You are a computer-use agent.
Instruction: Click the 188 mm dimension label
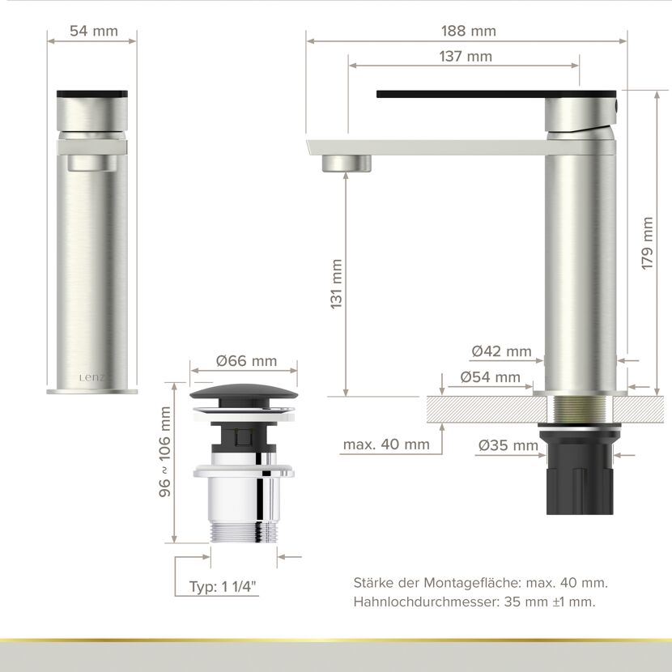point(469,31)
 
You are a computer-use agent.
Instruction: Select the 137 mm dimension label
point(466,56)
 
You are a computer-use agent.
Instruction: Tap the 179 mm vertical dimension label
point(647,243)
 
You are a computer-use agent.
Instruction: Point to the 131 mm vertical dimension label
point(337,283)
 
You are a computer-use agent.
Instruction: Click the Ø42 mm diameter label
point(501,351)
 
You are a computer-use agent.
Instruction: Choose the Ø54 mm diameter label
point(491,377)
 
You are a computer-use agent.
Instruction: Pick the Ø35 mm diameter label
point(508,445)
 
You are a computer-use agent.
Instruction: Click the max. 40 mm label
point(386,444)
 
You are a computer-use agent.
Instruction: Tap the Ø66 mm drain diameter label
point(246,361)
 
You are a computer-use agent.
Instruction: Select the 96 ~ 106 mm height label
point(164,452)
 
